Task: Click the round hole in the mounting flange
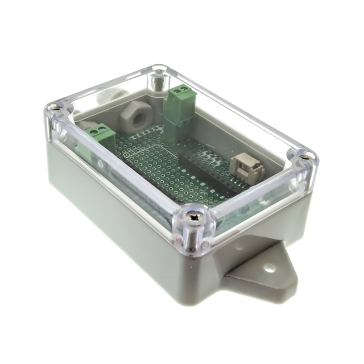tap(270, 267)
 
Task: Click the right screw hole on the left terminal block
tap(105, 131)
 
